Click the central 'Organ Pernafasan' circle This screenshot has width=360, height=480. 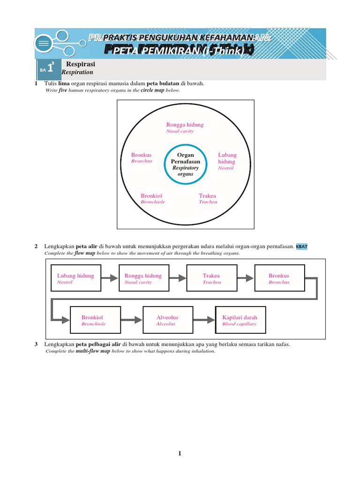click(185, 165)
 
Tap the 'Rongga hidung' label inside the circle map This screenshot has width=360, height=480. click(185, 127)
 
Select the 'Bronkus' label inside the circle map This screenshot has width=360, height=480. click(142, 157)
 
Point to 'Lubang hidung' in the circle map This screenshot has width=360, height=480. click(227, 161)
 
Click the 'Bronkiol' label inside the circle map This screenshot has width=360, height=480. click(152, 198)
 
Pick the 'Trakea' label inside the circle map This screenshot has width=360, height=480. click(208, 198)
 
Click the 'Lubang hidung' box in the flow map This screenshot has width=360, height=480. click(76, 278)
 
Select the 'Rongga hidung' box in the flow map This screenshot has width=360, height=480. click(143, 278)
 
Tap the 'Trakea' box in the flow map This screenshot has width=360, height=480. click(211, 278)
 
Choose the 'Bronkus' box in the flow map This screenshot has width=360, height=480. click(279, 278)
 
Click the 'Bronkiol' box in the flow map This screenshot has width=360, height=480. click(95, 320)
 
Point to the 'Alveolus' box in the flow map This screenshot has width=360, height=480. click(168, 320)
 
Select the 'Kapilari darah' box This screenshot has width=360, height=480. click(240, 320)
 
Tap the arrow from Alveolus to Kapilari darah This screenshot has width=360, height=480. click(204, 320)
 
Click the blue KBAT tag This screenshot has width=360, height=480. click(302, 247)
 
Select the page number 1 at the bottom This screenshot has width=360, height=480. click(179, 453)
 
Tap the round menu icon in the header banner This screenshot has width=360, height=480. click(44, 43)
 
